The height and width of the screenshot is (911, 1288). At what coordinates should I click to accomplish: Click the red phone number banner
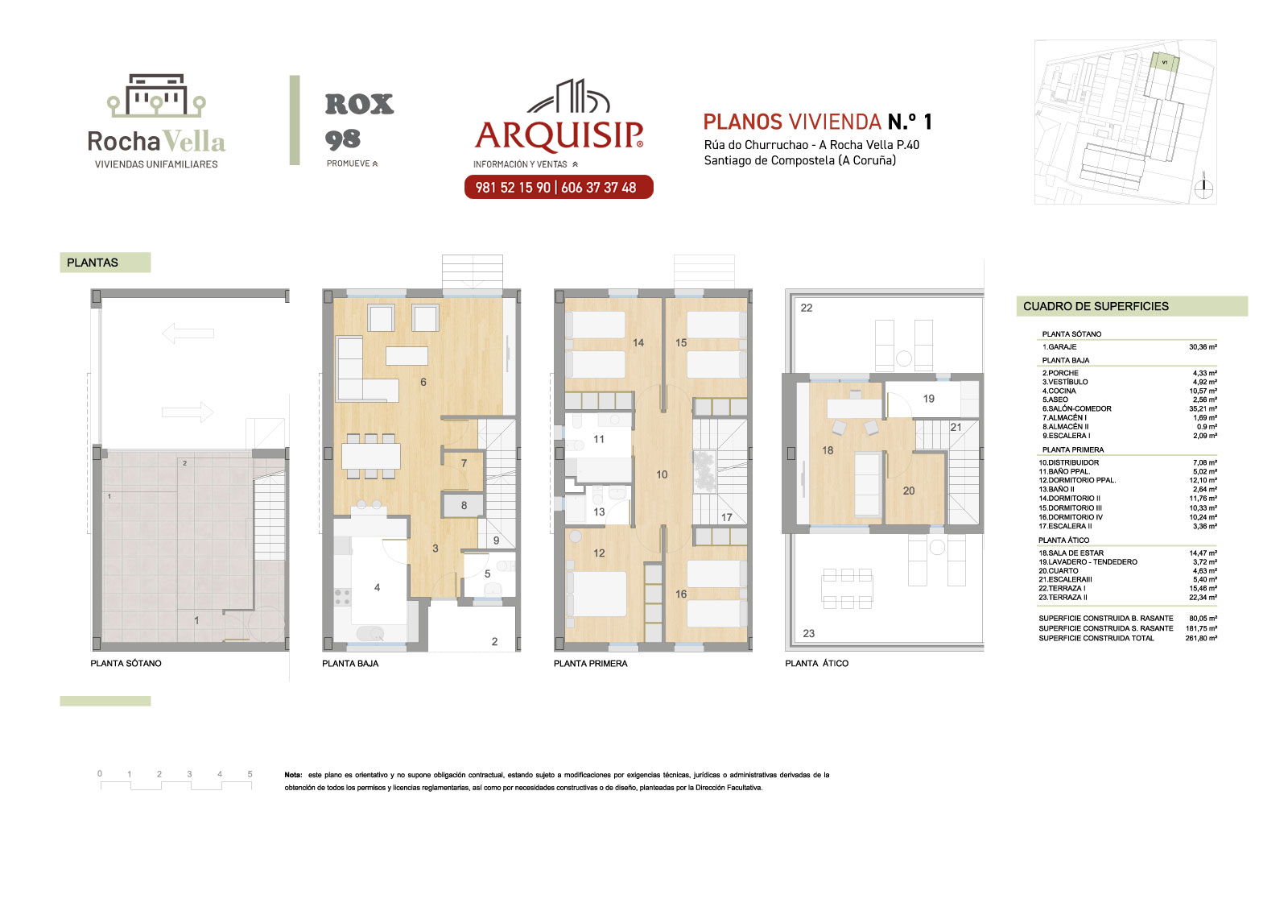coord(559,187)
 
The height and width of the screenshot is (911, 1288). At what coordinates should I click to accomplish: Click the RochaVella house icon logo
coord(156,95)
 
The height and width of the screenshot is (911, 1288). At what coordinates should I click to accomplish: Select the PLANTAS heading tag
coord(105,263)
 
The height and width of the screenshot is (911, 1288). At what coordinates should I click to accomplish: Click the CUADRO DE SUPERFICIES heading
coord(1096,306)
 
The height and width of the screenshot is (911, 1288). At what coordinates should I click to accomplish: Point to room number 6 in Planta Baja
coord(423,382)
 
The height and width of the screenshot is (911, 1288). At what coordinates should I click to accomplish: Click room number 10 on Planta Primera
coord(662,474)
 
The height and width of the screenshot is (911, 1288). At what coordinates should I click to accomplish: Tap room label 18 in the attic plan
coord(828,450)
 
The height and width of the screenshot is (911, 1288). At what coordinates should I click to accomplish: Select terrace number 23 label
coord(808,634)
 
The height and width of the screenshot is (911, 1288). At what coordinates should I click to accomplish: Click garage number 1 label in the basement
coord(196,620)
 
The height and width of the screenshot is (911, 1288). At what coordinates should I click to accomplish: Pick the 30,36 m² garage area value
coord(1203,347)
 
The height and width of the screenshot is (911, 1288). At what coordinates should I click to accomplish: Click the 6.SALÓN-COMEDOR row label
coord(1076,408)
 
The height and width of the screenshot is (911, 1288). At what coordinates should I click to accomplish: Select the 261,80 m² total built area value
coord(1201,638)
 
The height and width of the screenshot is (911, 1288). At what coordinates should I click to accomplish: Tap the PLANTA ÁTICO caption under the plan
coord(816,664)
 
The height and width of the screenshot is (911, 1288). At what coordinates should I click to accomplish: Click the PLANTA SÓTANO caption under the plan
coord(126,664)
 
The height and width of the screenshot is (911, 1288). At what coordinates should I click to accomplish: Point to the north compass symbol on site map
coord(1203,187)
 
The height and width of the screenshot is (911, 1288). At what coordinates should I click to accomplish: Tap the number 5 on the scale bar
coord(250,774)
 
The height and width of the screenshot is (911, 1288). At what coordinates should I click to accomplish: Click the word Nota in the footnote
coord(293,775)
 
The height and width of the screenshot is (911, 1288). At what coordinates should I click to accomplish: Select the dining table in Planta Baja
coord(371,457)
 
